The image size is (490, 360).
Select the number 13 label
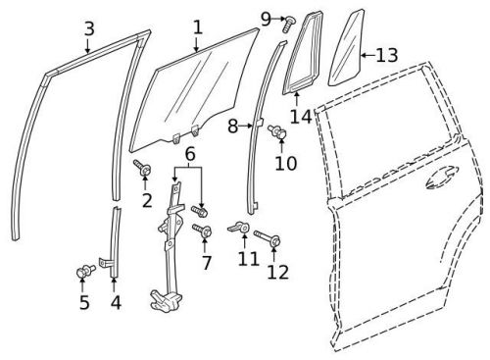386,55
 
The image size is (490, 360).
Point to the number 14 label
299,116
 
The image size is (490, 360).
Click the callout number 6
190,153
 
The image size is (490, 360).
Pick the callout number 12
277,271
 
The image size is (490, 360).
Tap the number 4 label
116,302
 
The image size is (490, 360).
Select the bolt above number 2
142,170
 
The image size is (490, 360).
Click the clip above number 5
83,269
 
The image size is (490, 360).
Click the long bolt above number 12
268,236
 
